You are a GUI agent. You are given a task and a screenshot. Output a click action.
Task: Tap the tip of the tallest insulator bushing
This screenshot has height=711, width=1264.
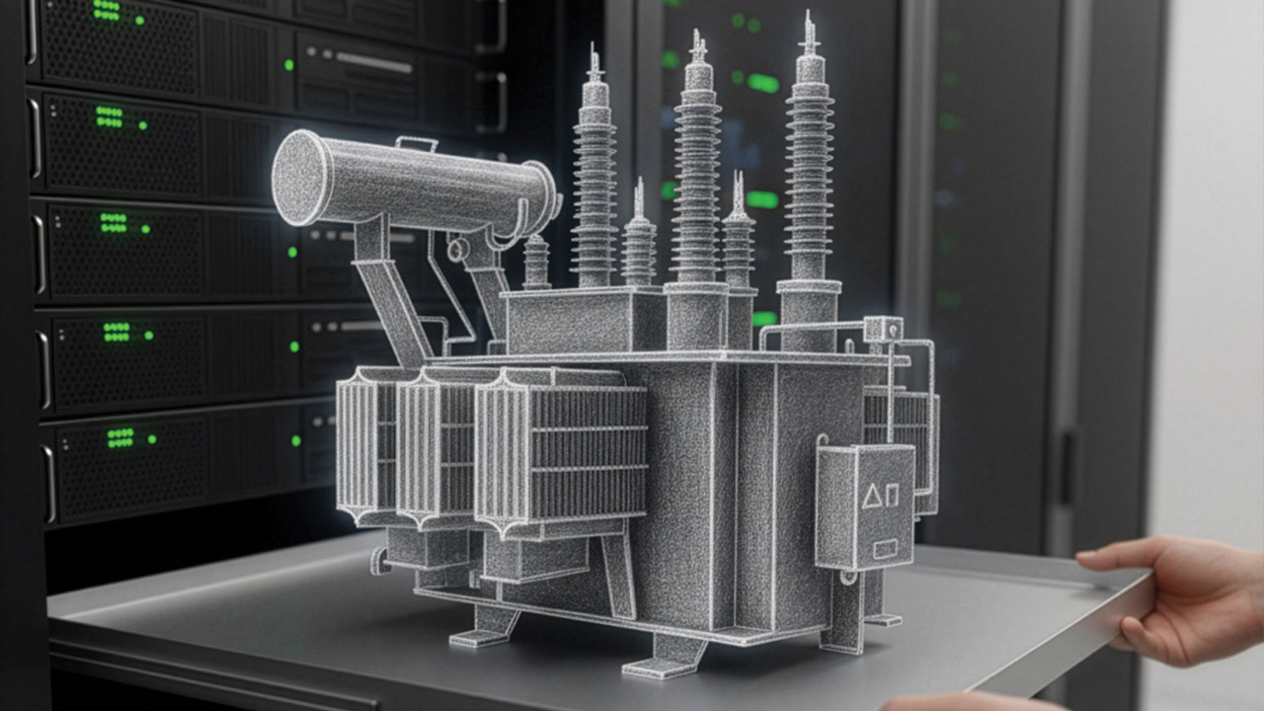[x=809, y=22]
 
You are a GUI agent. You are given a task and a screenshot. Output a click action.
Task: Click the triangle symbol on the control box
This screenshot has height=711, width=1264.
[x=871, y=496]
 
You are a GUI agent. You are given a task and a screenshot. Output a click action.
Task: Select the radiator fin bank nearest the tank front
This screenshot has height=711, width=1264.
[x=560, y=449]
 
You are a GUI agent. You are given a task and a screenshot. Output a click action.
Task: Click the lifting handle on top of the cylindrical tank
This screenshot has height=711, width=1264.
[x=416, y=144]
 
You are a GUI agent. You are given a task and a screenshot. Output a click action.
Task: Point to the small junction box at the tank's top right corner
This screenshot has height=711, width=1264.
[x=882, y=329]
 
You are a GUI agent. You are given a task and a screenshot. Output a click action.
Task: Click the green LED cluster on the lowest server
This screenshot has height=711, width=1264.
[x=120, y=436]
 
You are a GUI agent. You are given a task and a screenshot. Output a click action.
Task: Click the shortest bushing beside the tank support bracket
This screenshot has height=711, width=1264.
[x=537, y=262]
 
